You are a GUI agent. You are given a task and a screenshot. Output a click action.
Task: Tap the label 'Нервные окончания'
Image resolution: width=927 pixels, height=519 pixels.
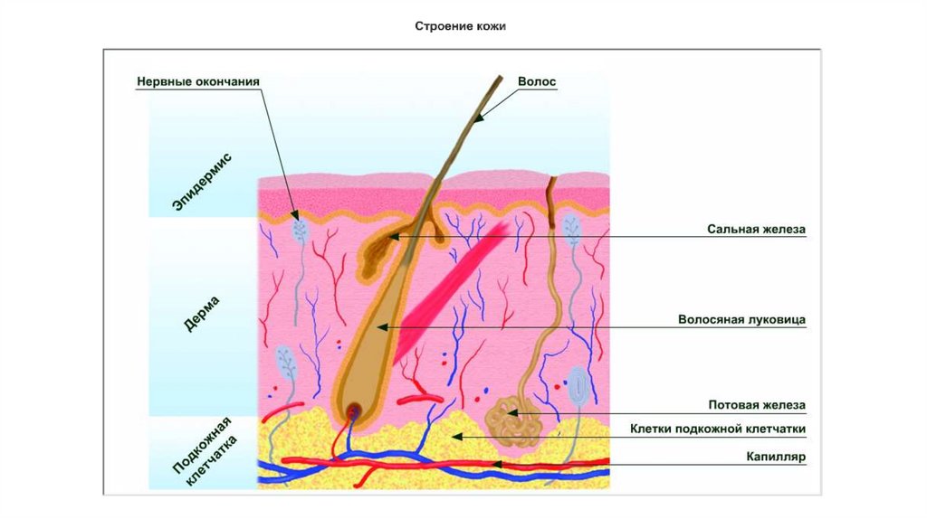click(x=198, y=81)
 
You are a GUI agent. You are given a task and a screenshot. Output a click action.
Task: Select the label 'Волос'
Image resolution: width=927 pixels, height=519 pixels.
click(x=537, y=81)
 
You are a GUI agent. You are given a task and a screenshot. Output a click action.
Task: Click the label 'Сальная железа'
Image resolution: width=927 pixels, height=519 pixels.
click(x=756, y=230)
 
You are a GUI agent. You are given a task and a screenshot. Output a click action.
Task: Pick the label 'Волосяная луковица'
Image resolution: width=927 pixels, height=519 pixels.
click(x=741, y=319)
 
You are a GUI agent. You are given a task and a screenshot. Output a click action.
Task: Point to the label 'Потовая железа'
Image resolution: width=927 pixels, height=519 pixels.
click(x=756, y=405)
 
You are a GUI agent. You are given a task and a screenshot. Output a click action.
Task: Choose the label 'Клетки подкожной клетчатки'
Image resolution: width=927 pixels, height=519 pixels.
click(x=718, y=428)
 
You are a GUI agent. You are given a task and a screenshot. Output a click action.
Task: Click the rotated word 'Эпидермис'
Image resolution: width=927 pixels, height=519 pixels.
click(x=203, y=184)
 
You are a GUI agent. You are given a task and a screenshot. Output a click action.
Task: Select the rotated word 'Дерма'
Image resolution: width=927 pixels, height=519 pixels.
click(x=203, y=311)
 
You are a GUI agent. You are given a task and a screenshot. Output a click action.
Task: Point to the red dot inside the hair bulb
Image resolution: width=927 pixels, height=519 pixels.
click(x=352, y=410)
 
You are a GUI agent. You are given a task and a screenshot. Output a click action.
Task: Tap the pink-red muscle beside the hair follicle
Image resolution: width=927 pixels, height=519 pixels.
click(x=453, y=279)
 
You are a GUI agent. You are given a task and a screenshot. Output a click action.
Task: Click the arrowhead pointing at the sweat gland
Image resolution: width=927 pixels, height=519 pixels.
click(x=513, y=413)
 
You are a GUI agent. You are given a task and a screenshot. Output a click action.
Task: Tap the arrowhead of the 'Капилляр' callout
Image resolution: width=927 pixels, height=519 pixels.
click(x=494, y=463)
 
